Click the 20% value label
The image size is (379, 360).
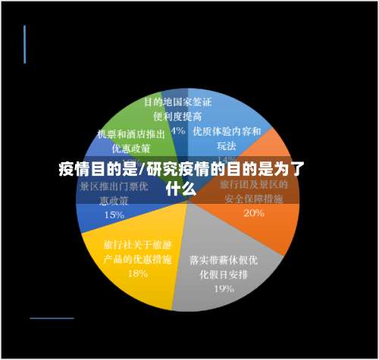coord(254,214)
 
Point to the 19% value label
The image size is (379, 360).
coord(223,288)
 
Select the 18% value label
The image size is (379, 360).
coord(138,274)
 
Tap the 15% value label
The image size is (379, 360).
coord(114,214)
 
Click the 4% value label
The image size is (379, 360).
coord(178,130)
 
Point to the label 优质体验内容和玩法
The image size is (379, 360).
coord(227,137)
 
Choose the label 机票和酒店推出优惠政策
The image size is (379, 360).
coord(130,140)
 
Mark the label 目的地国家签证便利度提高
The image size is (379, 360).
coord(177,108)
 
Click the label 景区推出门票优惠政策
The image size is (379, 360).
coord(114,193)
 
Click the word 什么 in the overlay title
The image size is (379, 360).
coord(182,189)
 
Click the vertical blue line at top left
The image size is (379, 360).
coord(24,44)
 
